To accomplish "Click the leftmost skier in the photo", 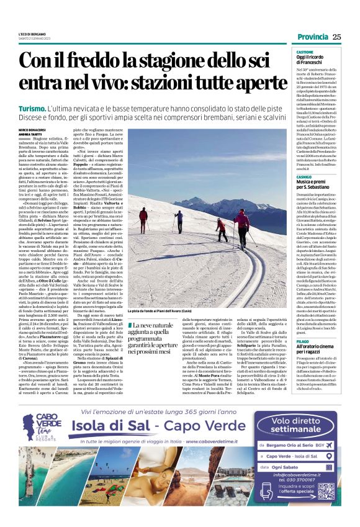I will coord(143,220).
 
